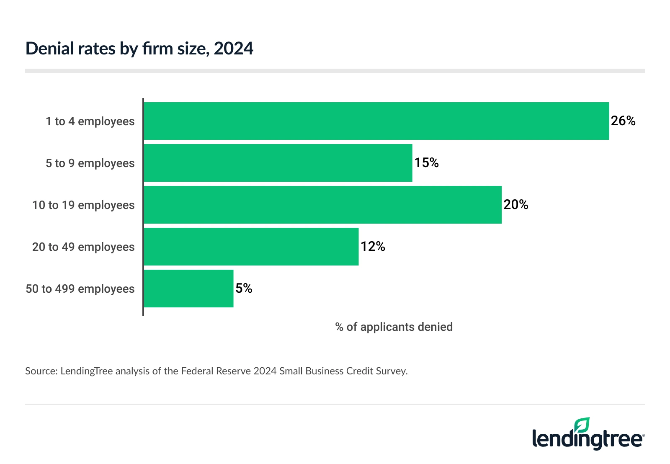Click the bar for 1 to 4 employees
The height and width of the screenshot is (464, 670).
coord(376,121)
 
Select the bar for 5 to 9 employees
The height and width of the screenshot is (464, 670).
coord(278,163)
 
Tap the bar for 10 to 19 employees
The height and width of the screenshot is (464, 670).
coord(322,205)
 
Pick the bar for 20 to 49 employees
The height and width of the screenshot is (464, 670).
coord(251,247)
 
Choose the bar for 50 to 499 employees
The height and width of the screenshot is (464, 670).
coord(188,289)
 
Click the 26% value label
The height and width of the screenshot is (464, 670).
coord(623,121)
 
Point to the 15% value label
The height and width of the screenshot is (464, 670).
coord(426,163)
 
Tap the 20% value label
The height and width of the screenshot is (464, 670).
coord(515,205)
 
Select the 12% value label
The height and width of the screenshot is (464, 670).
coord(373,247)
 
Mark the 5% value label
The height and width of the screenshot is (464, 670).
coord(244,289)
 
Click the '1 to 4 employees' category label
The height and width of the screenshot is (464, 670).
coord(90,121)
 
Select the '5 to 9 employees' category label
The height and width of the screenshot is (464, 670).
coord(90,163)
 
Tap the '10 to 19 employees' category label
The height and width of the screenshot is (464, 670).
coord(83,205)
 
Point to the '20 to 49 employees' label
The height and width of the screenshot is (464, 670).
coord(83,247)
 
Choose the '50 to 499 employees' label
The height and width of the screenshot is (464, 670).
coord(80,289)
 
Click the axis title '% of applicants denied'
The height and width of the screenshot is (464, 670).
coord(394,327)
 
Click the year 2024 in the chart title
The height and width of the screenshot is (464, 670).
coord(233,49)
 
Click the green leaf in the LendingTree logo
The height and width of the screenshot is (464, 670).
coord(582,425)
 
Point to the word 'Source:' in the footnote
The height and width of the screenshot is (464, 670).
coord(41,371)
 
